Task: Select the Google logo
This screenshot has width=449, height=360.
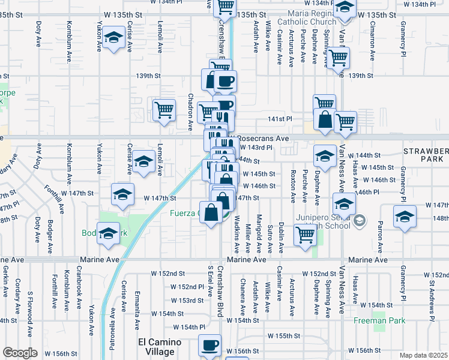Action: (x=20, y=353)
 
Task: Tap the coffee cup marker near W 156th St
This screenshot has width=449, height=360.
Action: (x=209, y=346)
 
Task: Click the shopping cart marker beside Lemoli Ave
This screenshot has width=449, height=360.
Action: (x=163, y=110)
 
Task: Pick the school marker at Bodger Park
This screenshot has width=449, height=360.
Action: (x=109, y=234)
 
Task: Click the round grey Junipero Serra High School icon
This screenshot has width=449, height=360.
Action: (x=359, y=220)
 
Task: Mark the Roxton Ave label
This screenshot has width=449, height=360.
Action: (x=293, y=186)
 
